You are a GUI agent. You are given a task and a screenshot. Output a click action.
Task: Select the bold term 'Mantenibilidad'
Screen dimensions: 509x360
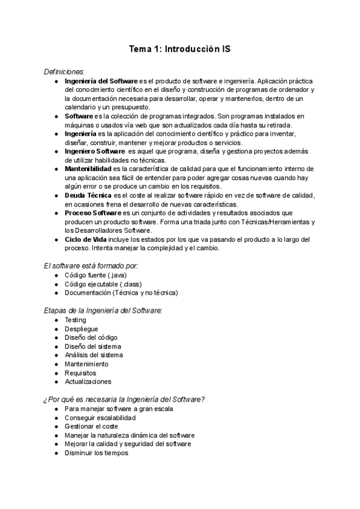tap(91, 169)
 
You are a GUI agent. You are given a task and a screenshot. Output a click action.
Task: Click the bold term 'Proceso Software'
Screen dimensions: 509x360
tap(94, 213)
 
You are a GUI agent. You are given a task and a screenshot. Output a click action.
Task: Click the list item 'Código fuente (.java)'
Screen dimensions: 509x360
tap(95, 275)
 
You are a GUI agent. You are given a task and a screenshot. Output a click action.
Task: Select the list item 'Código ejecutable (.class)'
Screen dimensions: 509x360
tap(103, 284)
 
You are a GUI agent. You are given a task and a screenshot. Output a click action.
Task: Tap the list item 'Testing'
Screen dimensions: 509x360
tap(76, 320)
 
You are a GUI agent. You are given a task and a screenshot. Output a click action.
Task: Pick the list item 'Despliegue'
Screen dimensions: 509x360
tap(81, 329)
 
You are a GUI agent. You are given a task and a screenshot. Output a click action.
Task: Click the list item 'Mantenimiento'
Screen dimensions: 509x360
tap(86, 364)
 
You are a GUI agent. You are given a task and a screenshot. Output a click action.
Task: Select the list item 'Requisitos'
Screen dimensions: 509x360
tap(80, 373)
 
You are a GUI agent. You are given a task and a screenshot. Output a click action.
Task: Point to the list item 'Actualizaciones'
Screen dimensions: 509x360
tap(88, 382)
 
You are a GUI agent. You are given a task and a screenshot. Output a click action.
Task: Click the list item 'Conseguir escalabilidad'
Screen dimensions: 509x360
tap(100, 418)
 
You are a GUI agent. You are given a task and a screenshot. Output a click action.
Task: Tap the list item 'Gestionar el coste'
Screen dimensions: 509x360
tap(92, 427)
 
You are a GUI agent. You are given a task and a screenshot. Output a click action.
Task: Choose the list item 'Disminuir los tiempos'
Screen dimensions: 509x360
tap(96, 453)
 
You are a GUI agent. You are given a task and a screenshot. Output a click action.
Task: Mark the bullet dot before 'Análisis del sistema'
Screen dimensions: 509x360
tap(56, 355)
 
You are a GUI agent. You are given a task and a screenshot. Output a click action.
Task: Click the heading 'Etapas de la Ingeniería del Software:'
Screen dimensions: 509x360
tap(103, 310)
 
